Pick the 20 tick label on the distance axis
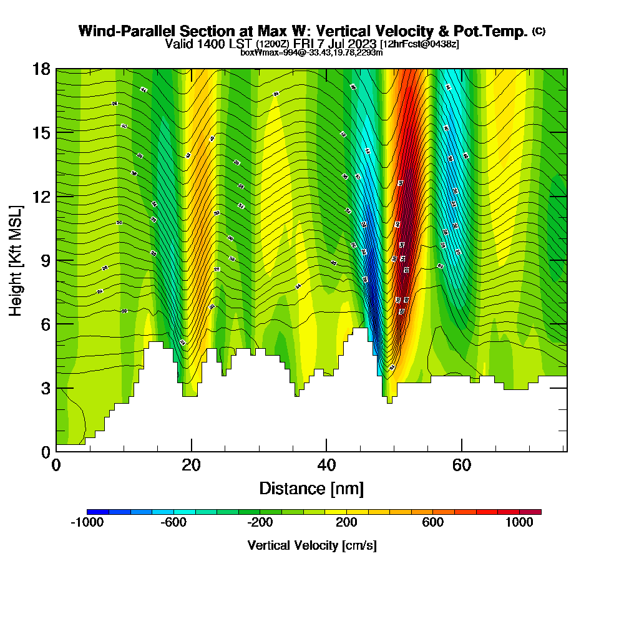click(191, 466)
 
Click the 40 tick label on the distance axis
click(326, 466)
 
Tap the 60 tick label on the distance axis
click(462, 466)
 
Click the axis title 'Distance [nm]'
click(311, 488)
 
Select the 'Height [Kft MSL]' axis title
click(16, 260)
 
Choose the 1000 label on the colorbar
click(519, 524)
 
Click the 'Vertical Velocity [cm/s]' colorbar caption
click(311, 545)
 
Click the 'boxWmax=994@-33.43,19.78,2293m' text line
click(311, 52)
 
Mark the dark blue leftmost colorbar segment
click(97, 512)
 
